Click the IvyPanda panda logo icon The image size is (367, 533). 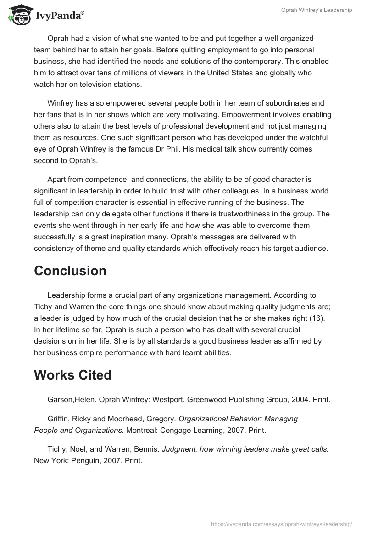[18, 15]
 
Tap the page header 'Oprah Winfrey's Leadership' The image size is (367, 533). [317, 10]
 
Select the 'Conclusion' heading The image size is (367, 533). [70, 271]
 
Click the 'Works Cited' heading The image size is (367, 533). [72, 375]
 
